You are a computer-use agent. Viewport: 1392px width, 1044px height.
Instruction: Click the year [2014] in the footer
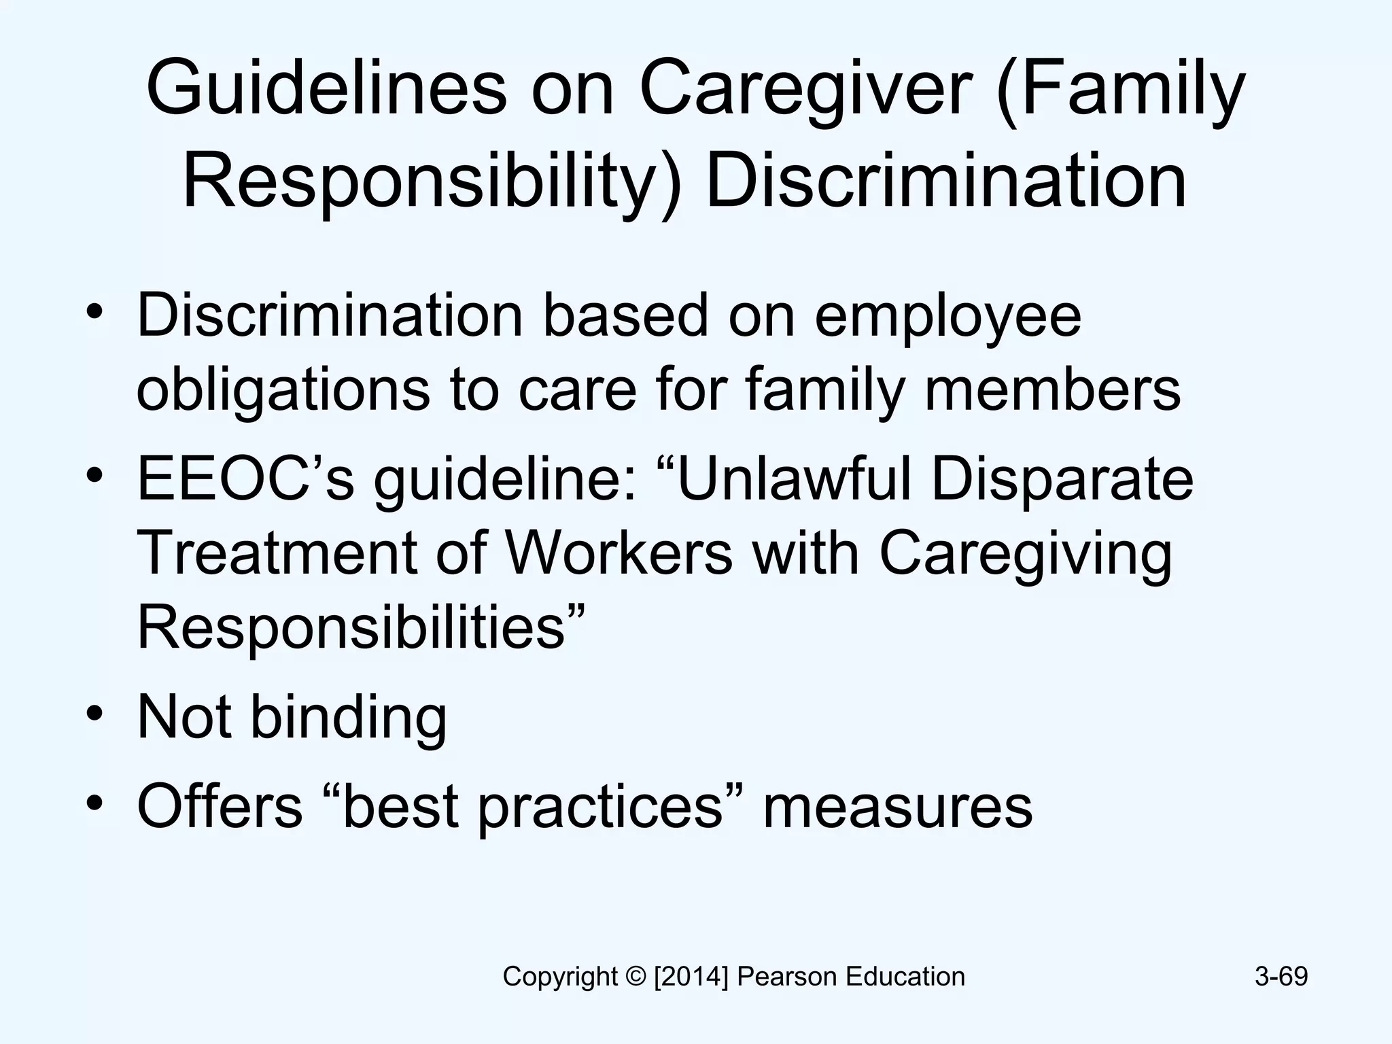(x=691, y=977)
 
